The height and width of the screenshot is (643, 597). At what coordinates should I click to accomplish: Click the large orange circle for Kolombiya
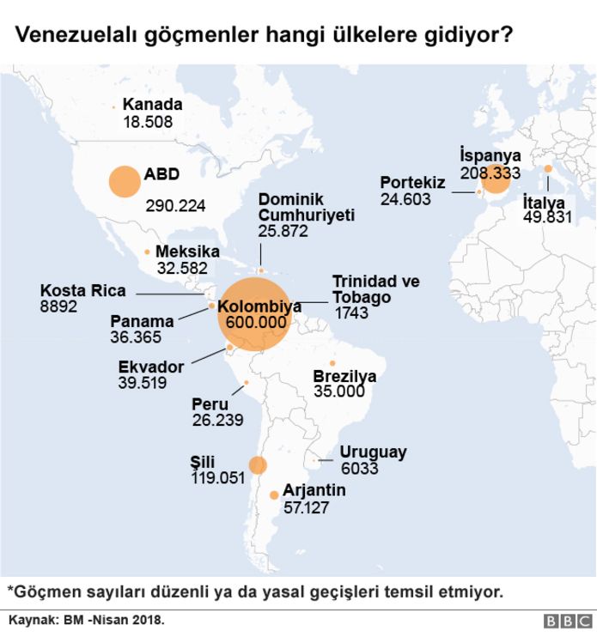(255, 315)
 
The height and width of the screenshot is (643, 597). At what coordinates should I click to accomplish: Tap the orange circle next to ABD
(125, 182)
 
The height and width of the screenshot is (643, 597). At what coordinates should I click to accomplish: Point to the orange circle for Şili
(258, 465)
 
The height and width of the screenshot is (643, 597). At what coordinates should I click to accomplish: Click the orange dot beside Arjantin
(274, 494)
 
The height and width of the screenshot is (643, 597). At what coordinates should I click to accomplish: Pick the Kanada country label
(153, 105)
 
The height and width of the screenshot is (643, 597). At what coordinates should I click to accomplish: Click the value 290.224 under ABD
(175, 206)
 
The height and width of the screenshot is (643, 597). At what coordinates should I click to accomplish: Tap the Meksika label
(187, 252)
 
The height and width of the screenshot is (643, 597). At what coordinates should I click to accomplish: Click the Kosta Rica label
(82, 290)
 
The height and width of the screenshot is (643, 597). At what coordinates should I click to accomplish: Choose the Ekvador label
(151, 367)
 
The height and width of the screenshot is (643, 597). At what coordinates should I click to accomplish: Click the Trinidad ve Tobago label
(375, 289)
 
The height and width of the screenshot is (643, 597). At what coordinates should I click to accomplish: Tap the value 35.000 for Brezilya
(338, 391)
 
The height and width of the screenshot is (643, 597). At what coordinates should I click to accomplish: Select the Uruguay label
(373, 452)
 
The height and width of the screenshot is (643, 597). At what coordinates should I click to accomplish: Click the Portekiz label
(412, 182)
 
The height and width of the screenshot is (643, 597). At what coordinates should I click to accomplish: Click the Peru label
(210, 403)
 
